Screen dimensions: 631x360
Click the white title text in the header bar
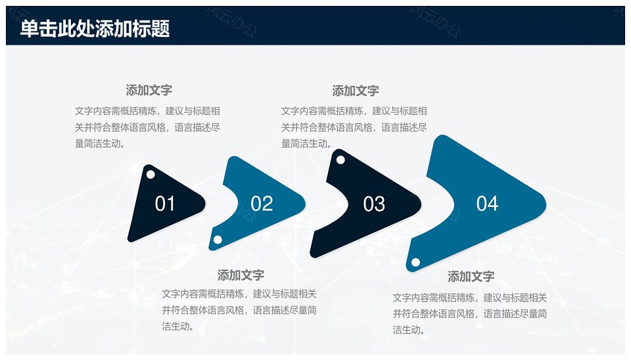pyautogui.click(x=95, y=28)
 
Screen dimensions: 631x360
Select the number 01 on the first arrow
pyautogui.click(x=165, y=204)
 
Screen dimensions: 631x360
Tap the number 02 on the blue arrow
pyautogui.click(x=262, y=204)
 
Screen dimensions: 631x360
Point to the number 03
pyautogui.click(x=374, y=204)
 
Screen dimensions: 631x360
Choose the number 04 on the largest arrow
pyautogui.click(x=487, y=204)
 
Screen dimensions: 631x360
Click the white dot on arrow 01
pyautogui.click(x=151, y=175)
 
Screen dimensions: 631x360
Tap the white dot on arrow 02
pyautogui.click(x=218, y=240)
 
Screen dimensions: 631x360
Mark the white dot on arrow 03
pyautogui.click(x=340, y=160)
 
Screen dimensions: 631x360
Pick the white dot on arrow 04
pyautogui.click(x=415, y=263)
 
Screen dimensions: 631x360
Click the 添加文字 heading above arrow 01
pyautogui.click(x=149, y=90)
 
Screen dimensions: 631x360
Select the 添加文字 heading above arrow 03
pyautogui.click(x=356, y=91)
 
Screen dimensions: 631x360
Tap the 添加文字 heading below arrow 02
pyautogui.click(x=241, y=275)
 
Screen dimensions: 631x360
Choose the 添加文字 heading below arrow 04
pyautogui.click(x=471, y=277)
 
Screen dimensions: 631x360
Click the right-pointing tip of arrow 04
pyautogui.click(x=546, y=204)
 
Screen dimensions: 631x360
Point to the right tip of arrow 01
pyautogui.click(x=205, y=204)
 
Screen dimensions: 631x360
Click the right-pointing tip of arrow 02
pyautogui.click(x=304, y=204)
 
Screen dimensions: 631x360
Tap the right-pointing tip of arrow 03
pyautogui.click(x=421, y=204)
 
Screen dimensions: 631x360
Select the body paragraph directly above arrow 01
pyautogui.click(x=147, y=127)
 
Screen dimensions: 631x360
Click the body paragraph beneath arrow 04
pyautogui.click(x=469, y=314)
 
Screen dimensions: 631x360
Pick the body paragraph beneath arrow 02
pyautogui.click(x=239, y=310)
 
